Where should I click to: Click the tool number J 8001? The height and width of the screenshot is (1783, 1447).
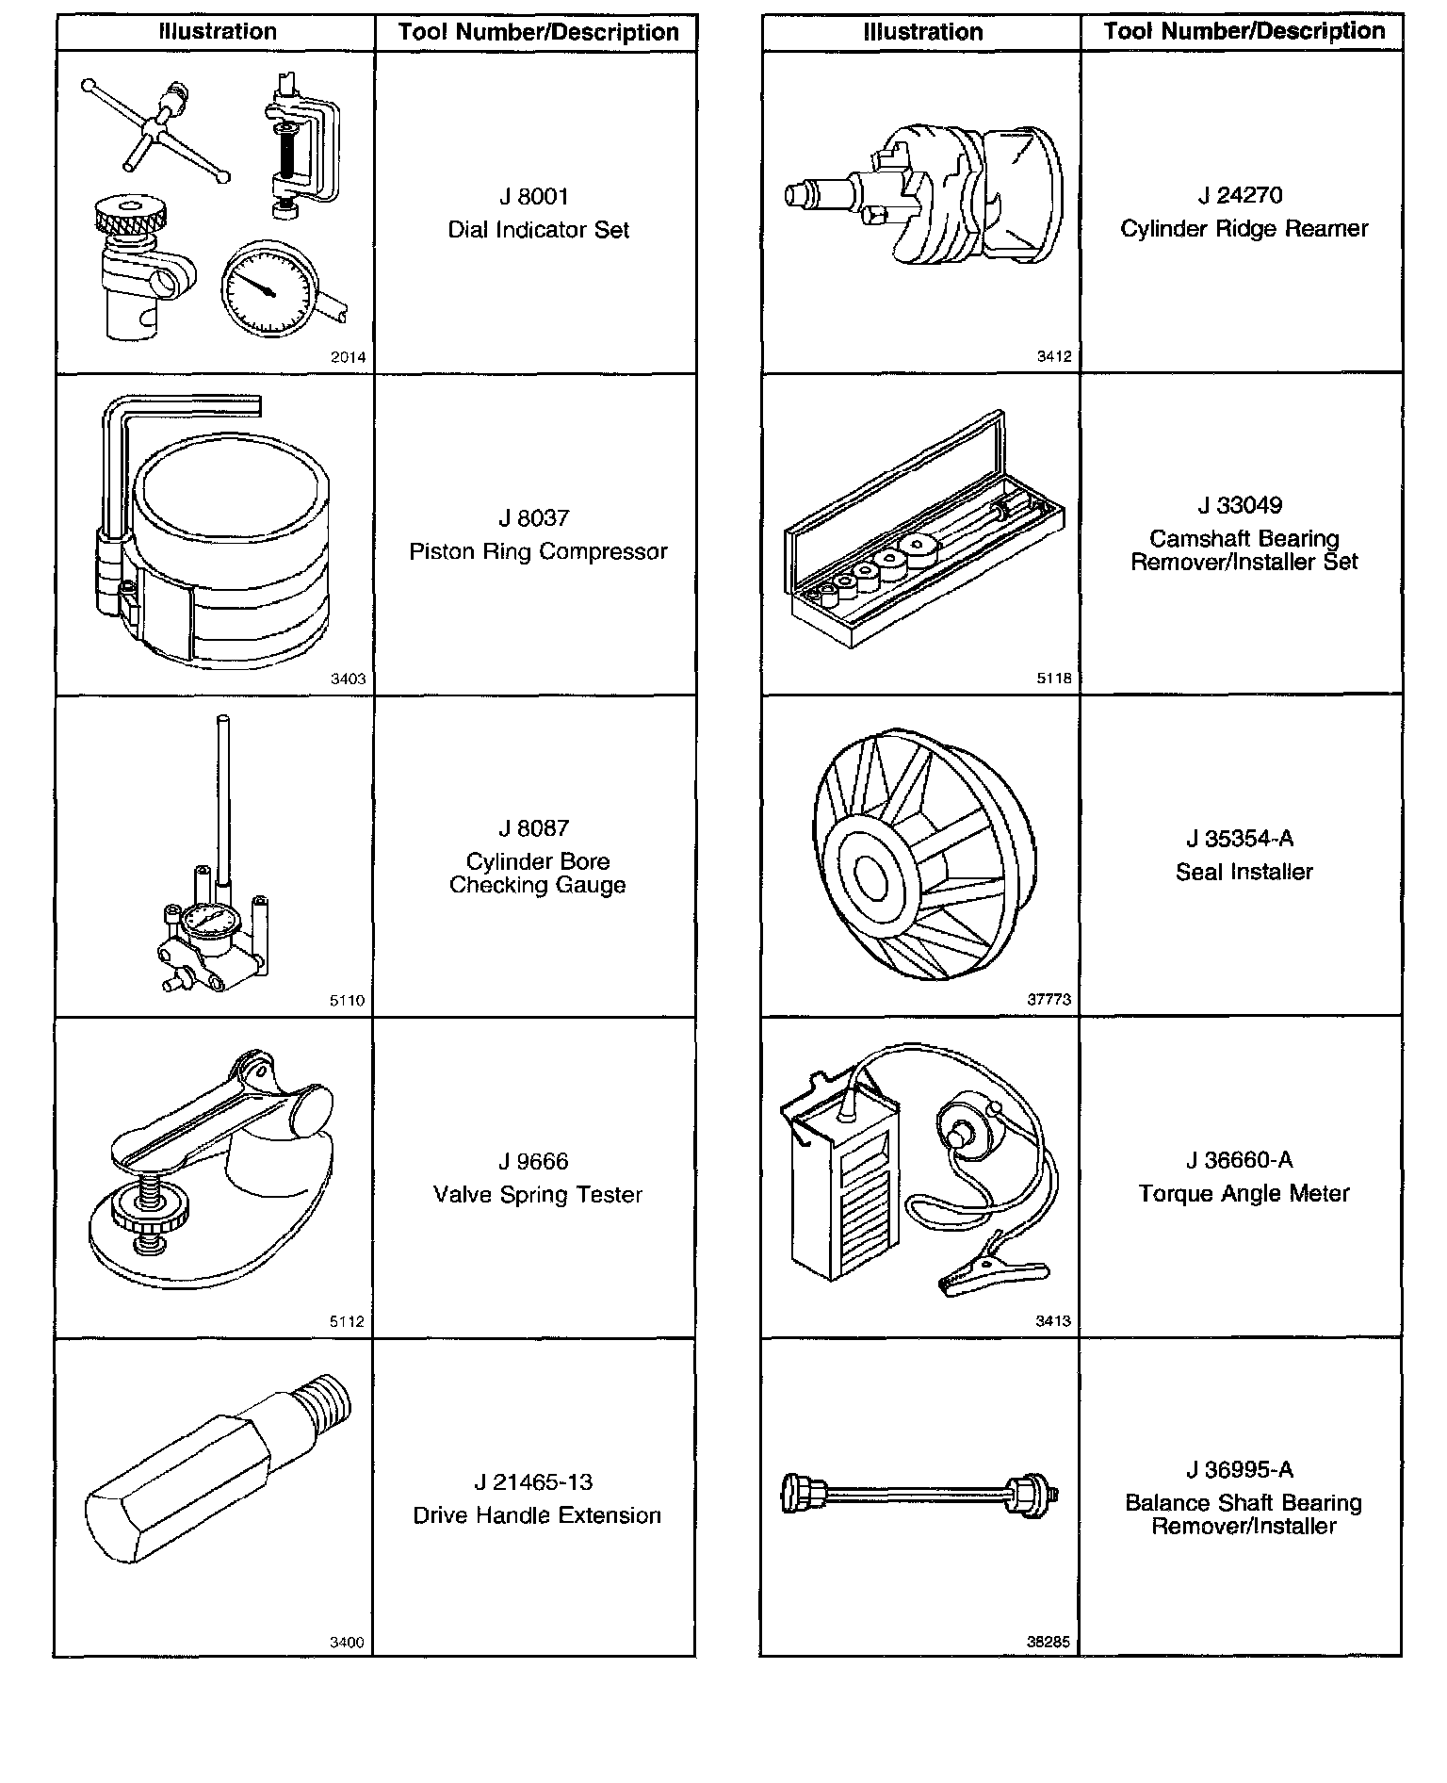tap(534, 197)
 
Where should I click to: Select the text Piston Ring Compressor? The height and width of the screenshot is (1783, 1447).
tap(538, 551)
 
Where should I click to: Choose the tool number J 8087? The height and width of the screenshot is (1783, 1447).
tap(534, 828)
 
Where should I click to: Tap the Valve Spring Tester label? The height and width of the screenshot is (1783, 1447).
tap(538, 1195)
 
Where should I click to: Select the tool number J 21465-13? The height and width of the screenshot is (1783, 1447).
tap(534, 1482)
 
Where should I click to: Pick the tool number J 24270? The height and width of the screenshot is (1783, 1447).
tap(1241, 196)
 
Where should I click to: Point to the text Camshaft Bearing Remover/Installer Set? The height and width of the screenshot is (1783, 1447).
tap(1244, 550)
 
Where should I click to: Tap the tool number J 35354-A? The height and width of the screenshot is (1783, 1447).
tap(1241, 839)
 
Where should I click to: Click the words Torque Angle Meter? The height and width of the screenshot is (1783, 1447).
tap(1244, 1194)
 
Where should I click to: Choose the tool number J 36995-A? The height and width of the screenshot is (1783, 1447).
tap(1241, 1469)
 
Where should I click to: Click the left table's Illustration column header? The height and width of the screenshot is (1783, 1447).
tap(218, 32)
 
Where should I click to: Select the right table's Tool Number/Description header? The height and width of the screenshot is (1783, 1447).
tap(1244, 31)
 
